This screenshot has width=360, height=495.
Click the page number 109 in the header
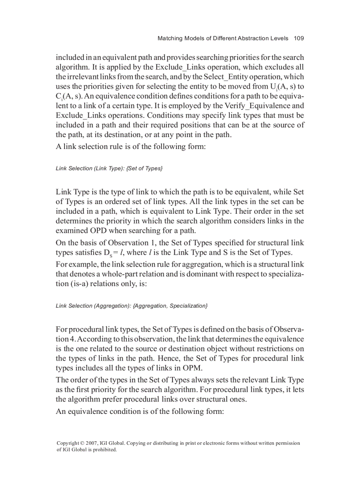[299, 38]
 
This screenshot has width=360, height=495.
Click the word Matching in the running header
[170, 38]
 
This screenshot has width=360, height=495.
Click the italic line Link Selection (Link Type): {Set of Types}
[109, 168]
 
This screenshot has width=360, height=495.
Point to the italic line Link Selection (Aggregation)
[131, 305]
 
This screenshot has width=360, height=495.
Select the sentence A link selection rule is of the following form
[131, 146]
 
